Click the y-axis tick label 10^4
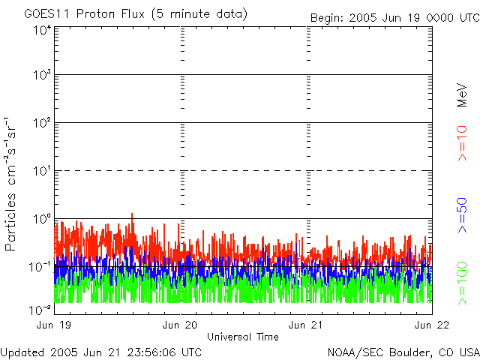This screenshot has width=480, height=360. coord(41,30)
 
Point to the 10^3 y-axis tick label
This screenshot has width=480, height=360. coord(41,75)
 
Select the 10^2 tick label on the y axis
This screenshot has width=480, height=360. coord(41,122)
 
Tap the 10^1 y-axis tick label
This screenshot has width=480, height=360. coord(41,170)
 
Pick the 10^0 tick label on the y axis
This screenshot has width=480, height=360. coord(41,218)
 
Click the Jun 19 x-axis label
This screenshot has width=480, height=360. coord(55,325)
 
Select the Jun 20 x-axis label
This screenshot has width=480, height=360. coord(181,325)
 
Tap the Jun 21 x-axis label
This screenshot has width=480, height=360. coord(307,325)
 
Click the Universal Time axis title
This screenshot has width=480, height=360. coord(242,336)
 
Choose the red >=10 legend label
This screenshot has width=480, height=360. coord(463,142)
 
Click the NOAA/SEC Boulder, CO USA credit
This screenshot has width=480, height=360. coord(403,352)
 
